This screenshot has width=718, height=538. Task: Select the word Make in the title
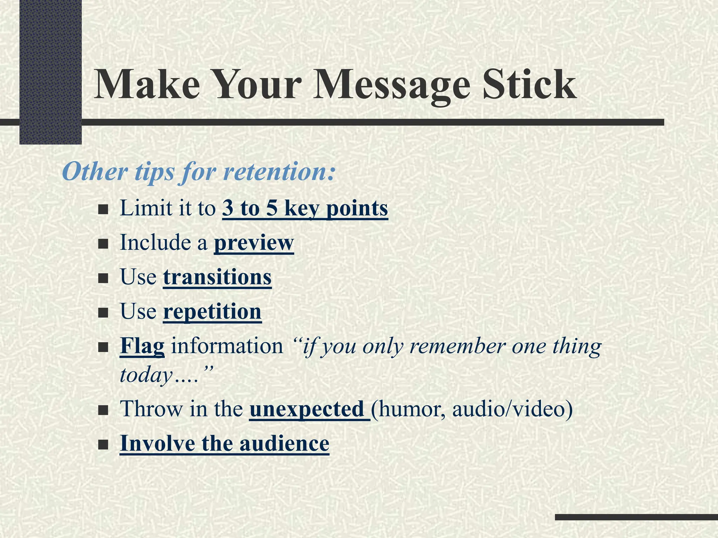(x=147, y=85)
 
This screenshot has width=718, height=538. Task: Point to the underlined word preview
(x=254, y=243)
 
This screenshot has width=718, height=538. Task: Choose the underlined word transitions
(x=217, y=277)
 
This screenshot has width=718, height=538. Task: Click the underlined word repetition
(x=212, y=311)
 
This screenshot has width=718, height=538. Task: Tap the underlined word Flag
(x=142, y=346)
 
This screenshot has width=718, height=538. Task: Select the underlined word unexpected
(x=307, y=409)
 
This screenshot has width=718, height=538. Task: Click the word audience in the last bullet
(x=284, y=443)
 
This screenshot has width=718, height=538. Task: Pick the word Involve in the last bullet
(x=157, y=443)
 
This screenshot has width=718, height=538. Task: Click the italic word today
(x=146, y=375)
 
